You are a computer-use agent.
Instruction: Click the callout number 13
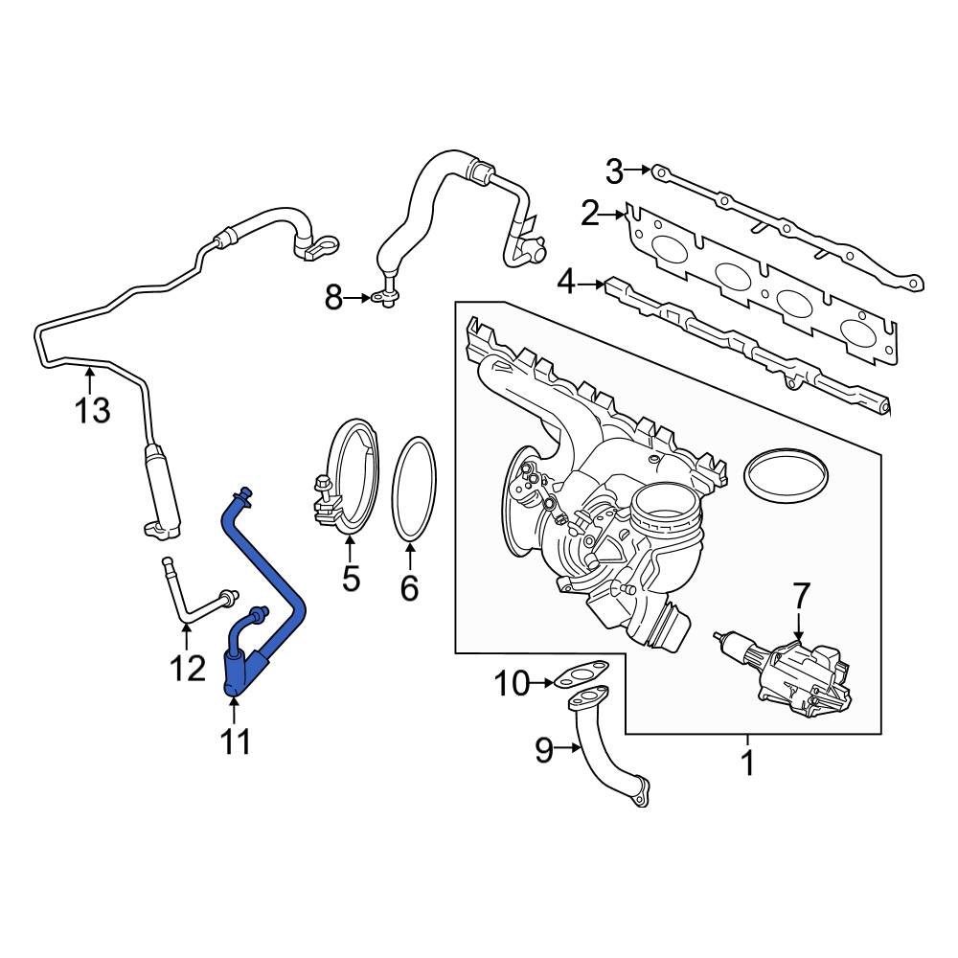pos(93,411)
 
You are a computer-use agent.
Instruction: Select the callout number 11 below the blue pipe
pos(235,741)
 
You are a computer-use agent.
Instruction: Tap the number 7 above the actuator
pos(800,596)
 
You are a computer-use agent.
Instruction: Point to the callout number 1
pos(747,764)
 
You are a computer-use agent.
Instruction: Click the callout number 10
pos(512,684)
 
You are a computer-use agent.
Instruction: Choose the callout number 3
pos(614,172)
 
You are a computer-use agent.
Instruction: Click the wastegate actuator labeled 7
pos(790,675)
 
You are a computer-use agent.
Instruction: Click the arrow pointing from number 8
pos(358,299)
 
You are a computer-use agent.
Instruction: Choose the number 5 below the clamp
pos(350,578)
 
